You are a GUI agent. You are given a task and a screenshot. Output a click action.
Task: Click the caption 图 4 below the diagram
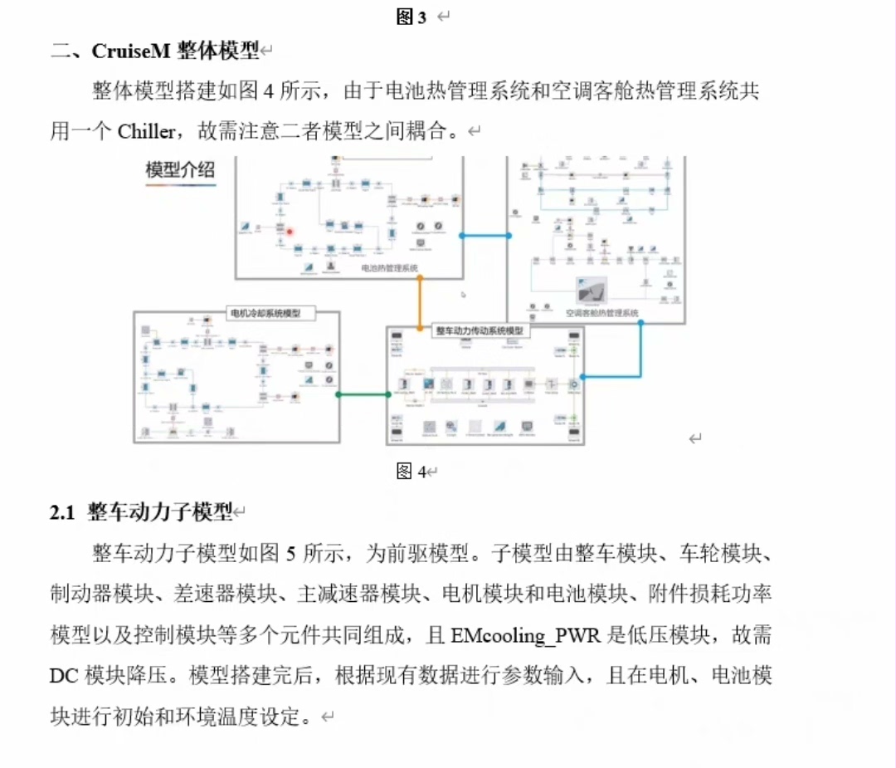pyautogui.click(x=411, y=472)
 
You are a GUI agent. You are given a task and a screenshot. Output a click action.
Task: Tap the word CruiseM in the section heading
pyautogui.click(x=131, y=51)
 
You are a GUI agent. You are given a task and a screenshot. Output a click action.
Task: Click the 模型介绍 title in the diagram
pyautogui.click(x=180, y=170)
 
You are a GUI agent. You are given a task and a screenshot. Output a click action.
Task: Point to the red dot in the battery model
pyautogui.click(x=290, y=232)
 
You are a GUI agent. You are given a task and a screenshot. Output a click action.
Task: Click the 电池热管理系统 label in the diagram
pyautogui.click(x=389, y=268)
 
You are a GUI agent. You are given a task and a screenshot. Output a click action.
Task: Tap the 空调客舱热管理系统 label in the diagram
pyautogui.click(x=601, y=313)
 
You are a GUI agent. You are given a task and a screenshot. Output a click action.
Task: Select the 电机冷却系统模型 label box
pyautogui.click(x=265, y=314)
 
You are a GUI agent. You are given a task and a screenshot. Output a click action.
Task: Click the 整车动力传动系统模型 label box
pyautogui.click(x=480, y=330)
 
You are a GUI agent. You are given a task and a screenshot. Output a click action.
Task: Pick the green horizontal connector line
pyautogui.click(x=363, y=394)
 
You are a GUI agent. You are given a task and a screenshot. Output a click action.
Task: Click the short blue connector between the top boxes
pyautogui.click(x=485, y=235)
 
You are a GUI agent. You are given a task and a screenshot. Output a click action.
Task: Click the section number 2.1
pyautogui.click(x=62, y=513)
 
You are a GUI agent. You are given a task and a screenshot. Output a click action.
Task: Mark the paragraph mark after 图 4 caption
pyautogui.click(x=432, y=472)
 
